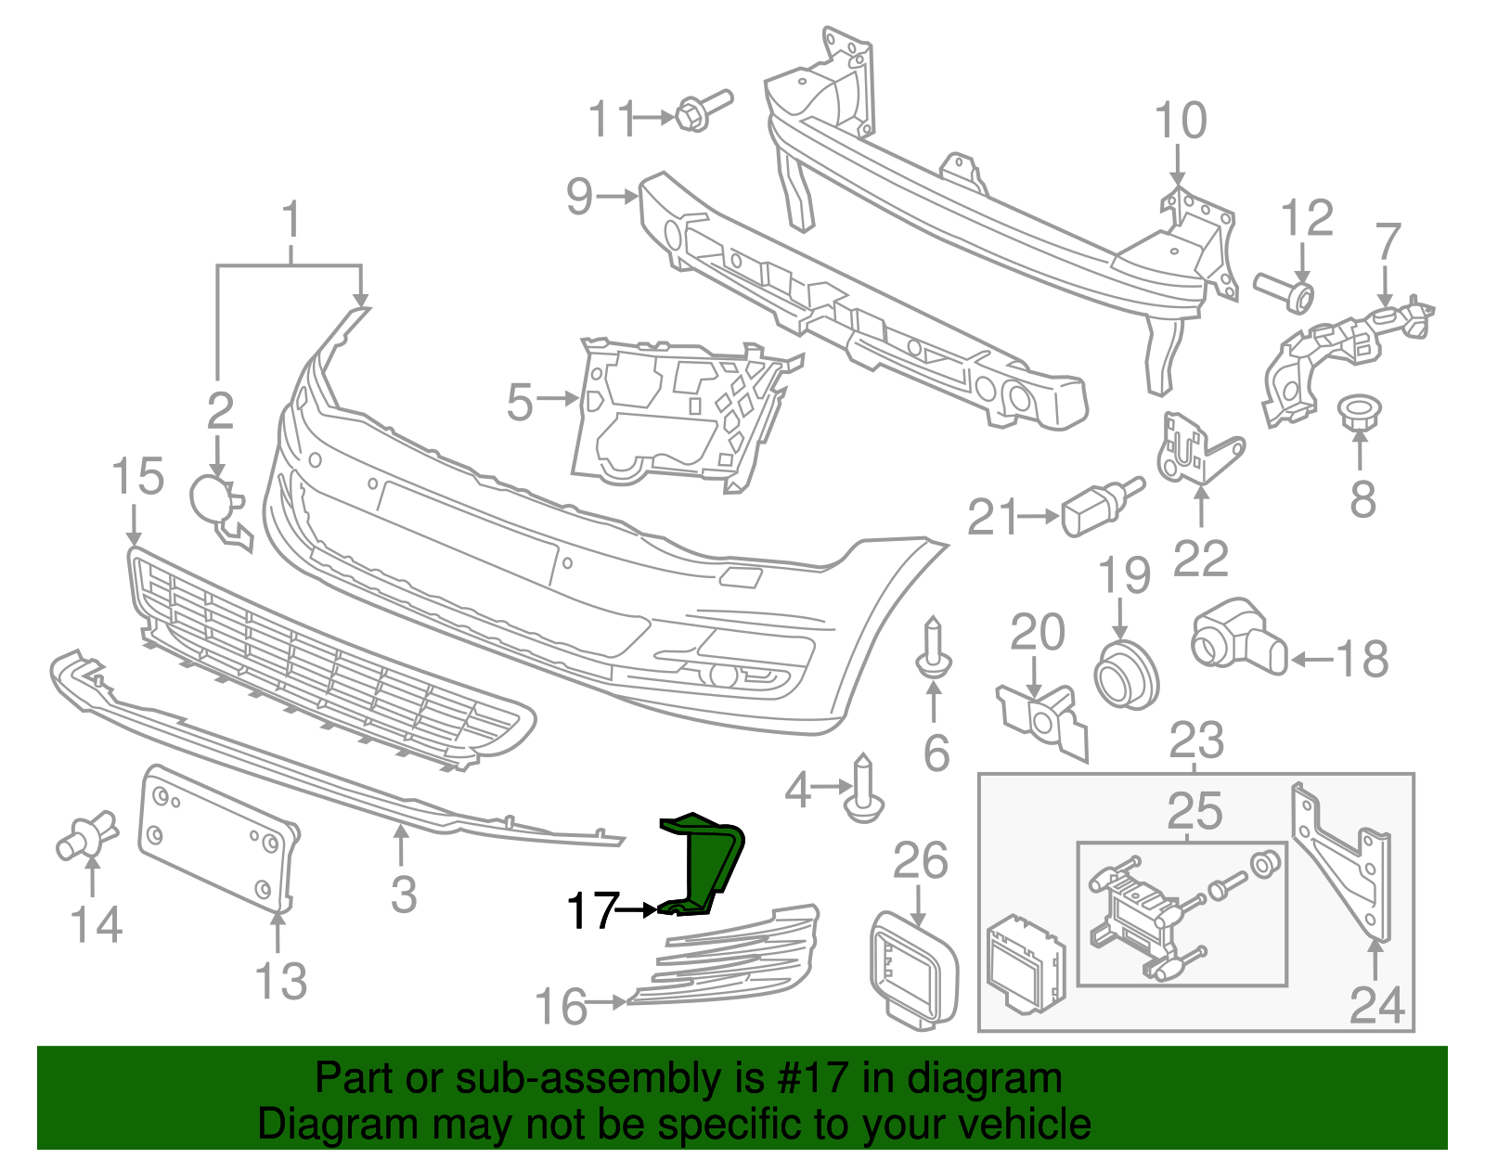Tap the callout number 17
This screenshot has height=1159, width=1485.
pos(592,910)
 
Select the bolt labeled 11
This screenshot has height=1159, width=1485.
pos(702,110)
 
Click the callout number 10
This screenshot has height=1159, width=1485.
pos(1181,122)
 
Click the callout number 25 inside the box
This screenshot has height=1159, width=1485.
pos(1194,812)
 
